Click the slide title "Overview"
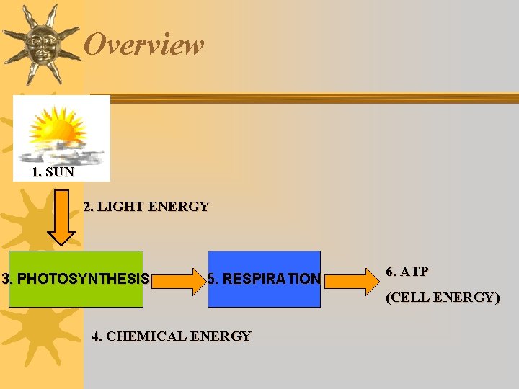(144, 45)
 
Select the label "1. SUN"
(53, 173)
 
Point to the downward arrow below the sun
(62, 217)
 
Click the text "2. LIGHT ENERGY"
(146, 207)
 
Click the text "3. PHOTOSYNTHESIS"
(76, 279)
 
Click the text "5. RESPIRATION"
(264, 279)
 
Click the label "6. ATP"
(407, 272)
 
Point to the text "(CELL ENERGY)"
(443, 297)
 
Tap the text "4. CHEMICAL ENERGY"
(172, 336)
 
